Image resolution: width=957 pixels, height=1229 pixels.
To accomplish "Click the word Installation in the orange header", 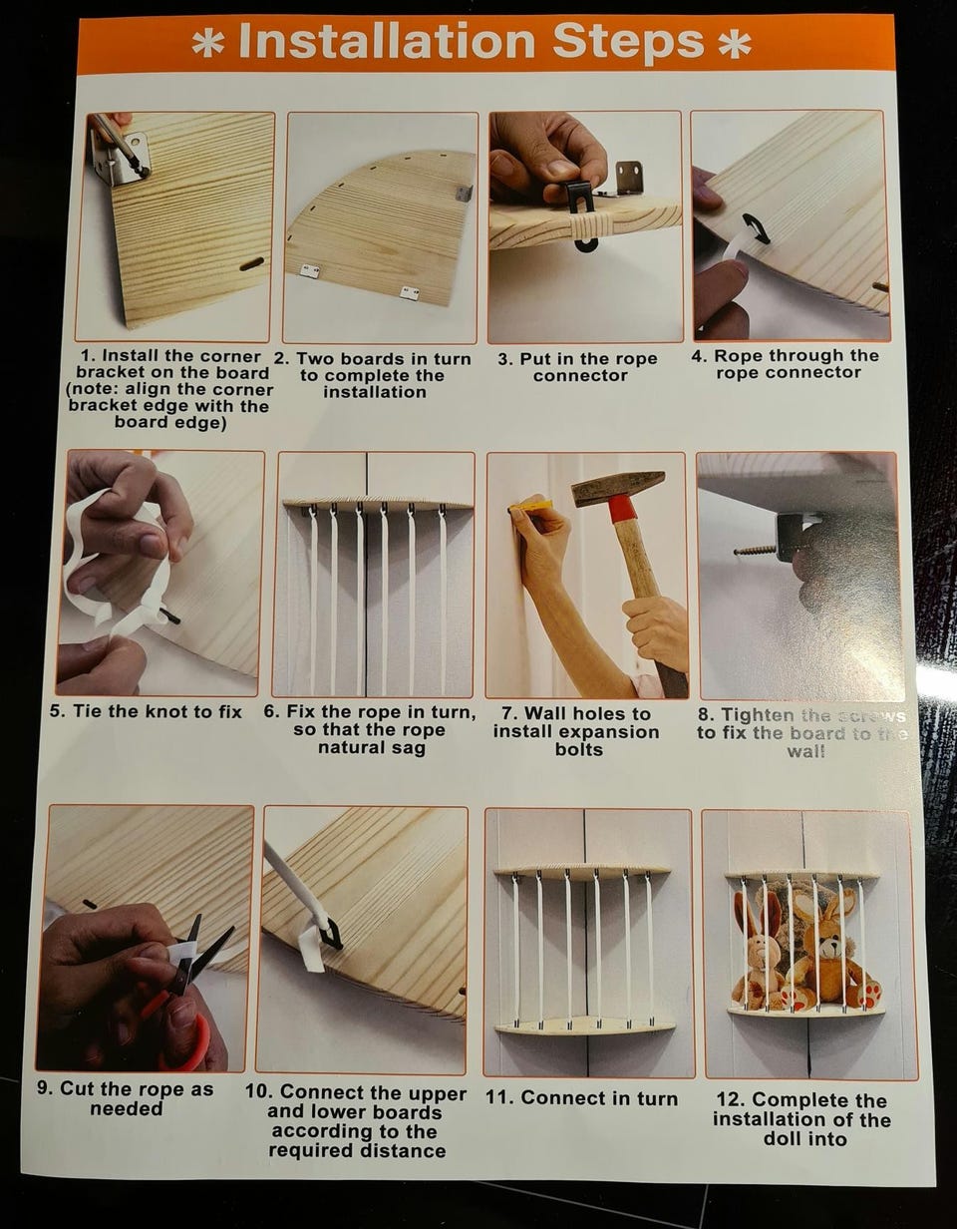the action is tap(387, 42).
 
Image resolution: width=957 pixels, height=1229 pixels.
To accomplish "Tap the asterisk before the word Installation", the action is tap(208, 44).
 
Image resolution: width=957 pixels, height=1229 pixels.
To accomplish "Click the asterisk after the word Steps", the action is tap(735, 45).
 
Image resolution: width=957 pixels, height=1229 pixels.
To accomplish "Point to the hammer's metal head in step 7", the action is tap(618, 488).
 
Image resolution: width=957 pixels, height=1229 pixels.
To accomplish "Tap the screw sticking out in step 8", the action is tap(756, 549).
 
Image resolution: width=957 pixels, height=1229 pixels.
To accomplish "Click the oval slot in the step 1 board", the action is tap(251, 264).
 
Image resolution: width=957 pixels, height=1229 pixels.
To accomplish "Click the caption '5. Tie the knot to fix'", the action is tap(146, 711).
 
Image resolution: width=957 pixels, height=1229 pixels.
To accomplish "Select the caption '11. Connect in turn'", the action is tap(582, 1097).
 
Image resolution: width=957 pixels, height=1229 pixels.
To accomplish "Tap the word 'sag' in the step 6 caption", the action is tap(411, 749).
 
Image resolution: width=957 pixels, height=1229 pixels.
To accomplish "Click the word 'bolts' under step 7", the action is tap(578, 749).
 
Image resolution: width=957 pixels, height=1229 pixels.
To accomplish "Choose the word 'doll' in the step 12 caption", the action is tap(783, 1138).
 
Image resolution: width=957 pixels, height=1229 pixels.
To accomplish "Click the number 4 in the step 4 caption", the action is tap(697, 356).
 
